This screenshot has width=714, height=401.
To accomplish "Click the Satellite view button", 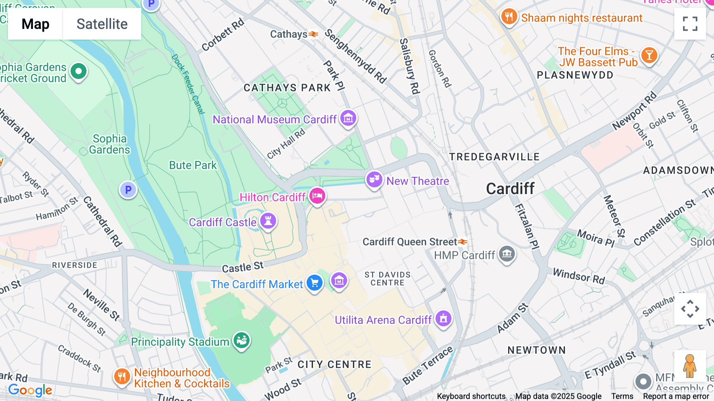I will [102, 24].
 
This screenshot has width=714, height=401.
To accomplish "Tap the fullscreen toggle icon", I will [690, 24].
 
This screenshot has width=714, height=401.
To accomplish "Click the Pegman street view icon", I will [690, 366].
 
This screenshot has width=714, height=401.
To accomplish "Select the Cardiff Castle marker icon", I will [268, 221].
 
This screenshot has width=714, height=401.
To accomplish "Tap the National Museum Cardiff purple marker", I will [348, 118].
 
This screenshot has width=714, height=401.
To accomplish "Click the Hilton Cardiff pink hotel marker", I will [317, 196].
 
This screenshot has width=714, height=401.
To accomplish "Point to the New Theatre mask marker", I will [374, 179].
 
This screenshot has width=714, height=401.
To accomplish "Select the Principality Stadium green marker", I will [241, 340].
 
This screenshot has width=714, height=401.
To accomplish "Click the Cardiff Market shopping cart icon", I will [315, 283].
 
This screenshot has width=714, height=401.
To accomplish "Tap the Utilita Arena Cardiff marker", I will [443, 318].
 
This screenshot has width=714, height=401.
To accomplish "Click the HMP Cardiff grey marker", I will [507, 253].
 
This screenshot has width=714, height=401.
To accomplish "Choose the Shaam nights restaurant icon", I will [509, 17].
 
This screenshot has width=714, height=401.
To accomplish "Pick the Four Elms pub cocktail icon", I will [649, 56].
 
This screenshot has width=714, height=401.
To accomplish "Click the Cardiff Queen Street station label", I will [410, 242].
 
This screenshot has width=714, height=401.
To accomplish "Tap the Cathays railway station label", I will [289, 34].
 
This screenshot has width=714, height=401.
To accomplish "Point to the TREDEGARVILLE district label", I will [494, 157].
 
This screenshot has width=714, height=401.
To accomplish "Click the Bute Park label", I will [193, 165].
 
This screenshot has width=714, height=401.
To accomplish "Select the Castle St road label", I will [242, 267].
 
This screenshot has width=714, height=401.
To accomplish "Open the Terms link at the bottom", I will [622, 396].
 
